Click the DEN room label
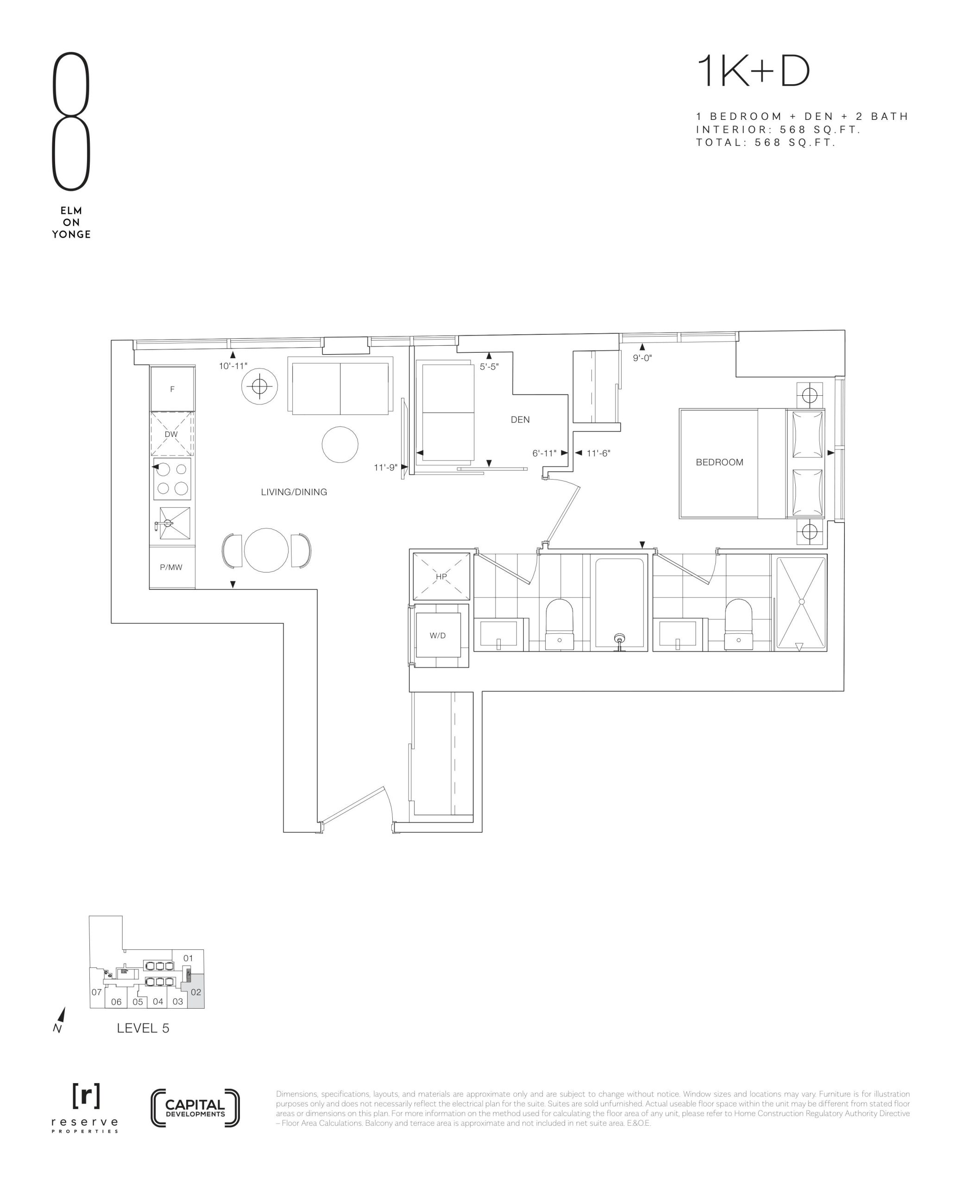(x=520, y=420)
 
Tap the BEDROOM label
(x=719, y=462)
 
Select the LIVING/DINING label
(x=294, y=492)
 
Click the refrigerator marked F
(x=172, y=389)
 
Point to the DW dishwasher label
(x=171, y=434)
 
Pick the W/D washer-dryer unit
(x=438, y=635)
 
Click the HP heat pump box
(x=441, y=576)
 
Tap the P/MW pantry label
(x=171, y=567)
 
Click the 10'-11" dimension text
(x=233, y=366)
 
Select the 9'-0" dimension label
(x=642, y=358)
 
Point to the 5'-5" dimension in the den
(x=489, y=367)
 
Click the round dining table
(x=266, y=550)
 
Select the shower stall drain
(x=801, y=601)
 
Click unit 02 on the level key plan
(x=195, y=992)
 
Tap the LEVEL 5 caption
(x=143, y=1028)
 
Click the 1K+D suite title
(x=754, y=71)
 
